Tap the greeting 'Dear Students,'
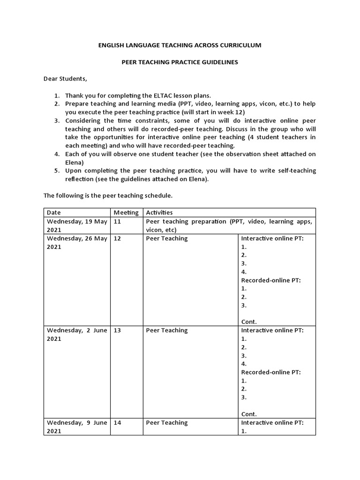point(66,78)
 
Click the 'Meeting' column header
point(126,212)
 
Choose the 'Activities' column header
point(159,212)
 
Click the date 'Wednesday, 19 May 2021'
point(77,225)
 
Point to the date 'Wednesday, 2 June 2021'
point(77,334)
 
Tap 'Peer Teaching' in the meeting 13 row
point(166,330)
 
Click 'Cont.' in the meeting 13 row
point(249,414)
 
